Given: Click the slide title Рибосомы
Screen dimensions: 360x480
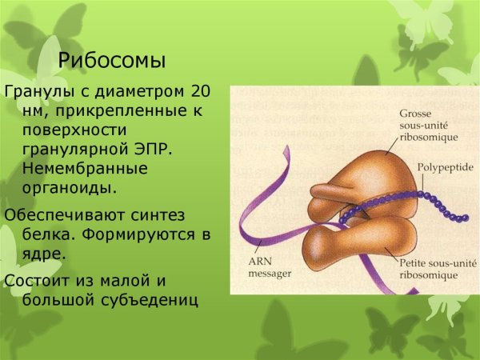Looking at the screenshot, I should coord(113,60).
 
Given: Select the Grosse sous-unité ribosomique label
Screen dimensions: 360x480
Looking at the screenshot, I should coord(427,126).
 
